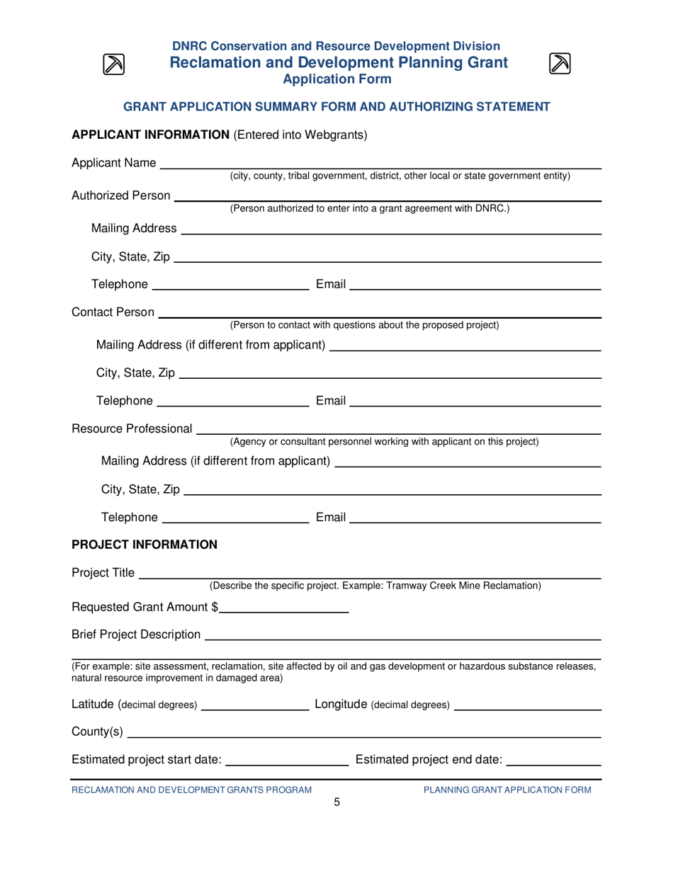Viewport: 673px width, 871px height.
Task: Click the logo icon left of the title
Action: (114, 64)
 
